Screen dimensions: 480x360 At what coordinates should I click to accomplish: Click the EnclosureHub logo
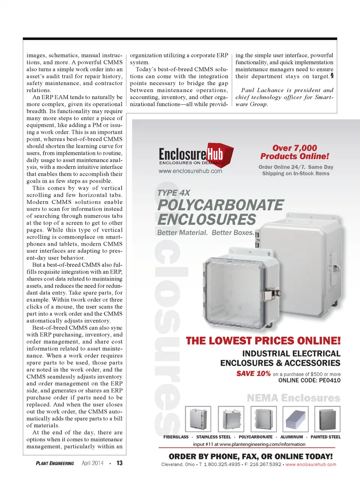click(x=195, y=154)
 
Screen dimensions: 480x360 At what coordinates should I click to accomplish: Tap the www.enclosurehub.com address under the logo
click(x=190, y=171)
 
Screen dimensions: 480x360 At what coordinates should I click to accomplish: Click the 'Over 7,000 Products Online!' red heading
click(x=295, y=152)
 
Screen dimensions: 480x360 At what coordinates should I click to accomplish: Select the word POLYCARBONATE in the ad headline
click(x=220, y=205)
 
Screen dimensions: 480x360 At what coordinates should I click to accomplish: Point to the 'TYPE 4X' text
click(x=174, y=193)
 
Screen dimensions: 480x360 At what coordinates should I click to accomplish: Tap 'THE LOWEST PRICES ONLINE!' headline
click(x=263, y=341)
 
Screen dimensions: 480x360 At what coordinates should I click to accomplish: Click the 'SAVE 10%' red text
click(x=253, y=373)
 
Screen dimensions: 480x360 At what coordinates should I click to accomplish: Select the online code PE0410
click(x=324, y=380)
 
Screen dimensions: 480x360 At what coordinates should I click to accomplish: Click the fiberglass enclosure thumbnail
click(x=198, y=419)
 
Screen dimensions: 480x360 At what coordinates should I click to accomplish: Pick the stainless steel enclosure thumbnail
click(x=231, y=419)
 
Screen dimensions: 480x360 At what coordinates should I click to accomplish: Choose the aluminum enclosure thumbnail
click(x=295, y=419)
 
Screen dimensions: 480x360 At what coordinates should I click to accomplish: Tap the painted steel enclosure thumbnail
click(x=327, y=419)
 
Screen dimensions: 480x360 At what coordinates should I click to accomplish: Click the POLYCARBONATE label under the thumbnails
click(x=255, y=437)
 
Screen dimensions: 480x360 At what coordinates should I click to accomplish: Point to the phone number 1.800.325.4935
click(x=222, y=464)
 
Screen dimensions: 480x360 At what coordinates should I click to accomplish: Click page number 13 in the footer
click(x=119, y=463)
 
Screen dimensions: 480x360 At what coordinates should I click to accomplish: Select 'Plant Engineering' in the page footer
click(x=55, y=463)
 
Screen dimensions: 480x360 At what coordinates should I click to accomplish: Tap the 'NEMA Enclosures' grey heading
click(x=293, y=398)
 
